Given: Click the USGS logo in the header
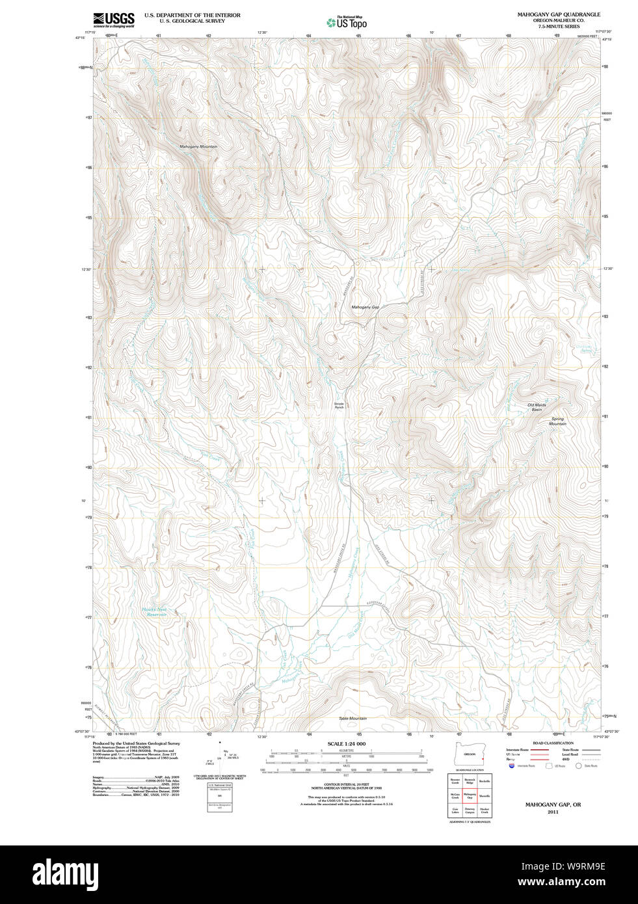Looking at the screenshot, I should click(x=114, y=20).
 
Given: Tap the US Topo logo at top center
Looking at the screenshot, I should click(x=347, y=23).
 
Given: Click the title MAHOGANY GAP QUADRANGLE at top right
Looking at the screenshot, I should click(x=559, y=14).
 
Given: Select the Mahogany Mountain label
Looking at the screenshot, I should click(x=198, y=147).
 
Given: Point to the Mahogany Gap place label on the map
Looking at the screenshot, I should click(x=365, y=307).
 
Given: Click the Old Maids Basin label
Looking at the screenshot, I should click(x=537, y=407).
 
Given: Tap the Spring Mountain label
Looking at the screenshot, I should click(x=557, y=421).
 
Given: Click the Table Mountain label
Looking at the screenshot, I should click(x=352, y=719).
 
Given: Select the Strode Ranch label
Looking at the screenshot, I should click(x=339, y=405).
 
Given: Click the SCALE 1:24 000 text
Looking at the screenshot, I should click(x=346, y=744).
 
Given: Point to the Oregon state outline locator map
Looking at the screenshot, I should click(x=470, y=754).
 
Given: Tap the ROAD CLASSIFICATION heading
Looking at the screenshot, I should click(x=553, y=743).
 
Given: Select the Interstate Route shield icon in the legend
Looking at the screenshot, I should click(x=512, y=766).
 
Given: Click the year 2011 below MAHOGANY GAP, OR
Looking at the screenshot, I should click(x=553, y=812).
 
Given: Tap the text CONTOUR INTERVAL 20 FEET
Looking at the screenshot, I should click(x=346, y=784).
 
